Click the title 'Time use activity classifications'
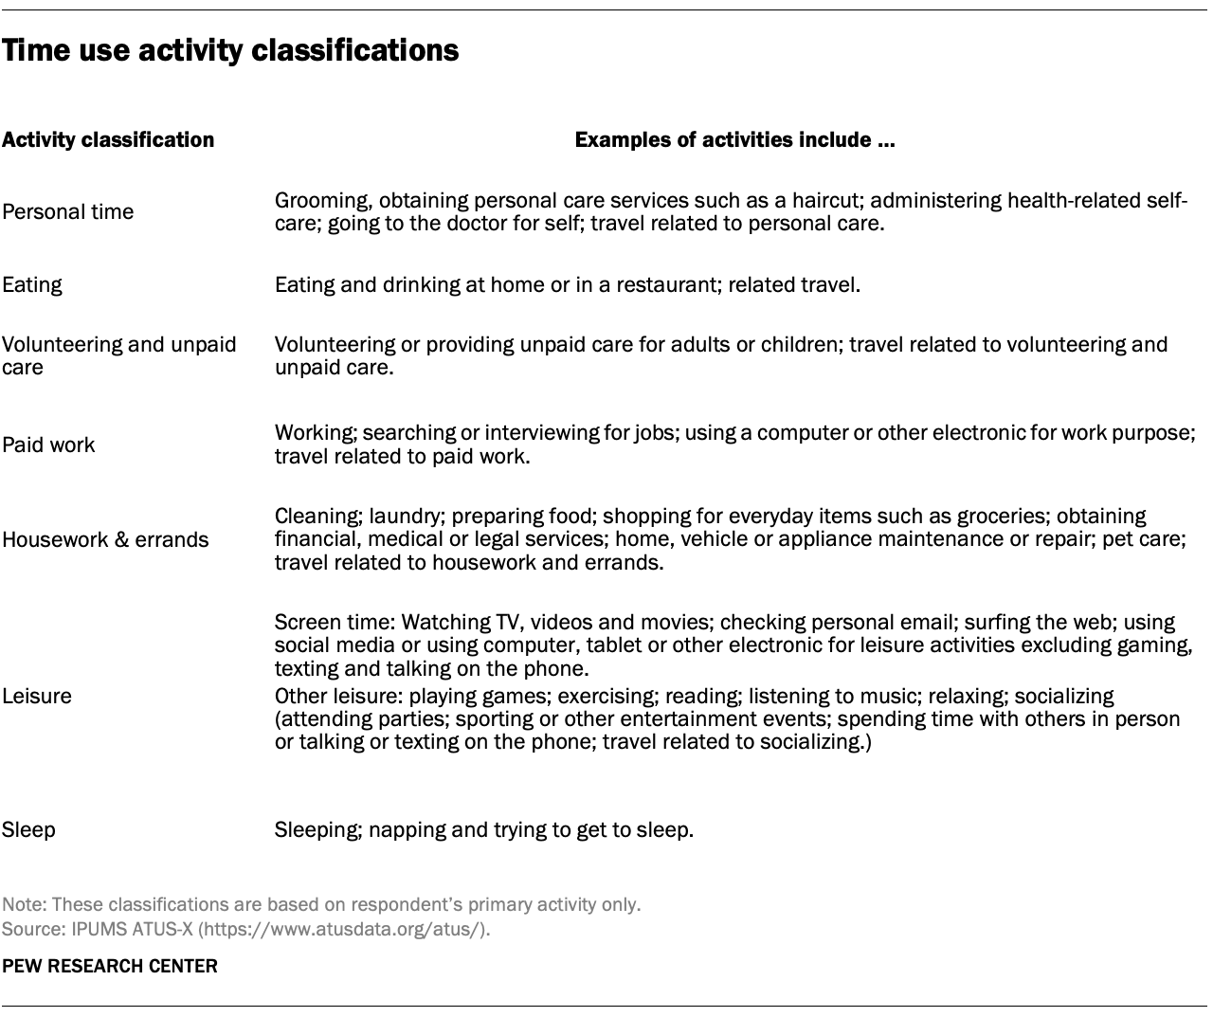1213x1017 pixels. pyautogui.click(x=230, y=50)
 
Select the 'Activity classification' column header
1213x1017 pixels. pyautogui.click(x=108, y=140)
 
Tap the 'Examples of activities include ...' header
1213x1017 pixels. pyautogui.click(x=734, y=140)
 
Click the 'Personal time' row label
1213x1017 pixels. pyautogui.click(x=67, y=212)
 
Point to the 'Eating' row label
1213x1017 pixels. pyautogui.click(x=31, y=285)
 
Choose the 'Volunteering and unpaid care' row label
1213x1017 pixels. pyautogui.click(x=118, y=355)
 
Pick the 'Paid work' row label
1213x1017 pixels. pyautogui.click(x=48, y=445)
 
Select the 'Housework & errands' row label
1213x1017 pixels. pyautogui.click(x=105, y=540)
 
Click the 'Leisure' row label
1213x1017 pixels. pyautogui.click(x=37, y=697)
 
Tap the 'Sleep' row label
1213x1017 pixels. pyautogui.click(x=28, y=830)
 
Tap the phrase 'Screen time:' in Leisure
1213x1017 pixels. pyautogui.click(x=335, y=623)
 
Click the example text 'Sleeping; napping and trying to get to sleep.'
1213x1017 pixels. pyautogui.click(x=483, y=830)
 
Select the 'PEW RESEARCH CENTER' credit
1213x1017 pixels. pyautogui.click(x=109, y=967)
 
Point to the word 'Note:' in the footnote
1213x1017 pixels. pyautogui.click(x=23, y=905)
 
